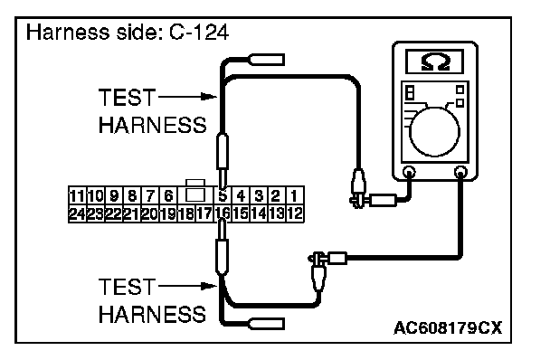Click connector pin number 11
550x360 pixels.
pyautogui.click(x=77, y=195)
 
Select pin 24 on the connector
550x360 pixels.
pyautogui.click(x=77, y=213)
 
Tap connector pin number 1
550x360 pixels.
pyautogui.click(x=294, y=195)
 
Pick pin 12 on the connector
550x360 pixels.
pyautogui.click(x=295, y=213)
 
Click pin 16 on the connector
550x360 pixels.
pyautogui.click(x=222, y=213)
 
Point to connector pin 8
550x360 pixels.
pyautogui.click(x=132, y=195)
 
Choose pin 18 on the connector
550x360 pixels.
pyautogui.click(x=186, y=213)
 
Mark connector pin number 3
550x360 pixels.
pyautogui.click(x=259, y=195)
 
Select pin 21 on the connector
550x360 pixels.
pyautogui.click(x=131, y=213)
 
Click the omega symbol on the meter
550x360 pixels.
pyautogui.click(x=435, y=62)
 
